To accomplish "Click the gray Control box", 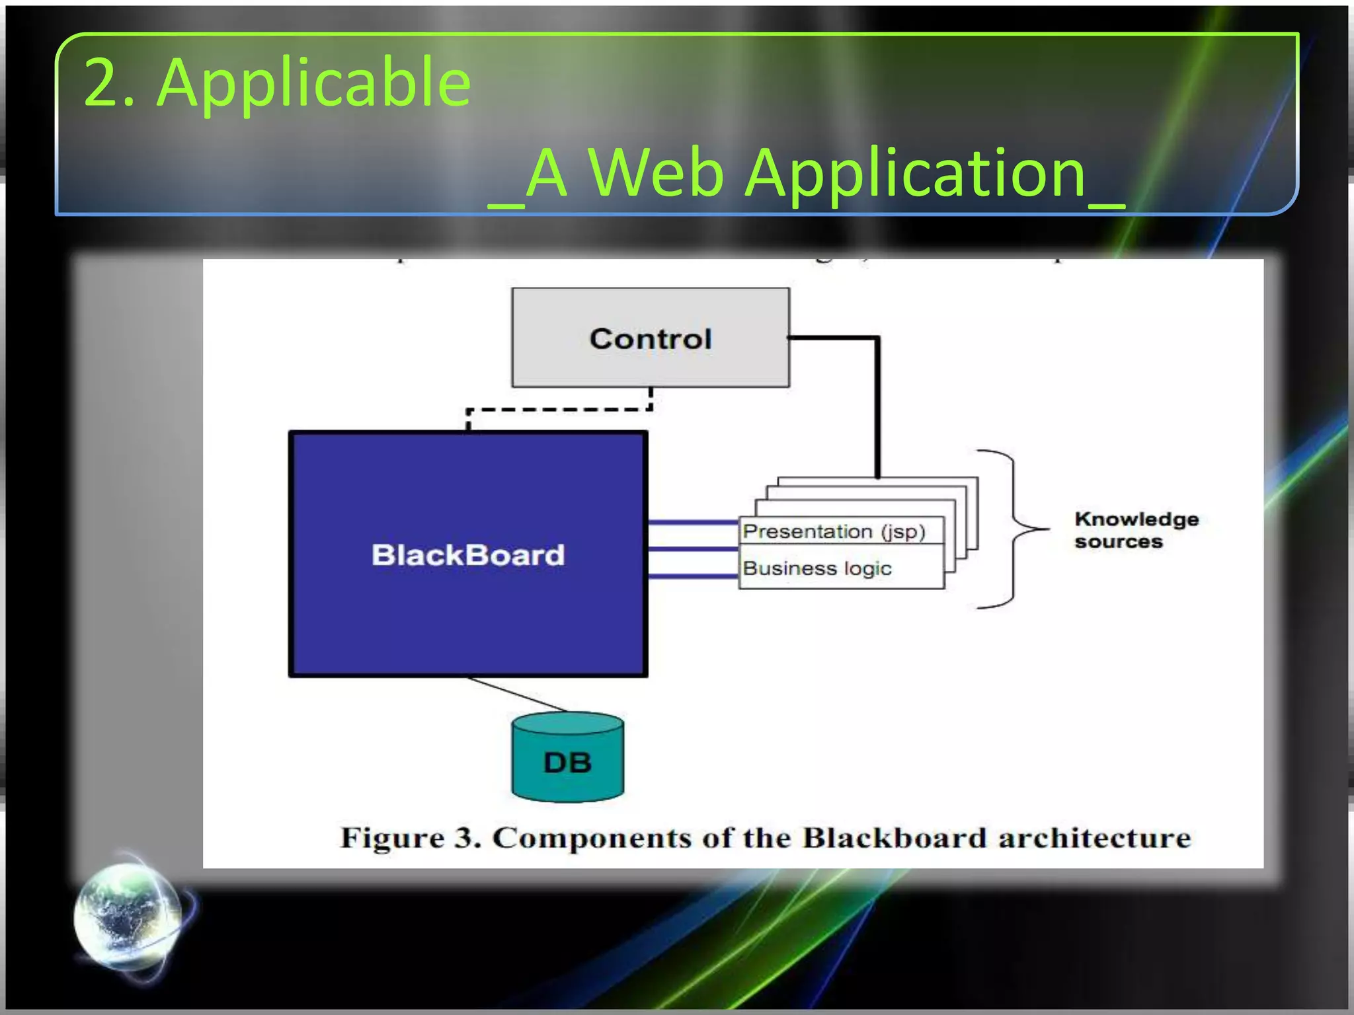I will pos(650,338).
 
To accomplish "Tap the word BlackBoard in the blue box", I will pos(468,554).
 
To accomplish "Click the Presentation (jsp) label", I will pos(834,531).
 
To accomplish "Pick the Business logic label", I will pos(817,568).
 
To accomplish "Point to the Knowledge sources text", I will pos(1136,530).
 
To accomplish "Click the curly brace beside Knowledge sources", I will pos(1012,529).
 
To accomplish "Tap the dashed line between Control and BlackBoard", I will pos(559,410).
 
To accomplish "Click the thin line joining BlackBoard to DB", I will pos(516,694).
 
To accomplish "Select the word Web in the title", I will pos(656,173).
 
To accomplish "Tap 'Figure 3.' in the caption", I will pos(410,838).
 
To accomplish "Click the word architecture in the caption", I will pos(1094,838).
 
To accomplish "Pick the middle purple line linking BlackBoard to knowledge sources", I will pos(692,549).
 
